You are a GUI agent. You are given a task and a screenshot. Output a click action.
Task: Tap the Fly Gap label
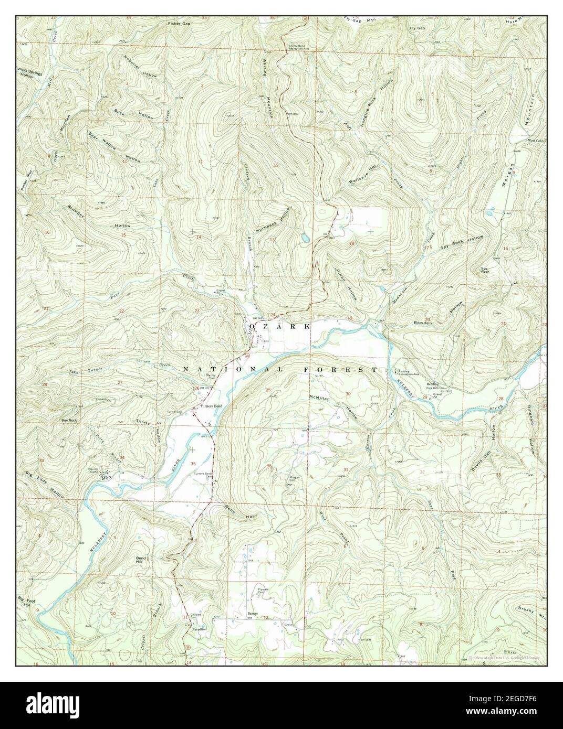point(417,27)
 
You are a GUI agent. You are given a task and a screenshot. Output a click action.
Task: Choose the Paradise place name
point(198,628)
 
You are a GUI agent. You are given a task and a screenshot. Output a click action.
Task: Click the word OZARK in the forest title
point(280,326)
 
